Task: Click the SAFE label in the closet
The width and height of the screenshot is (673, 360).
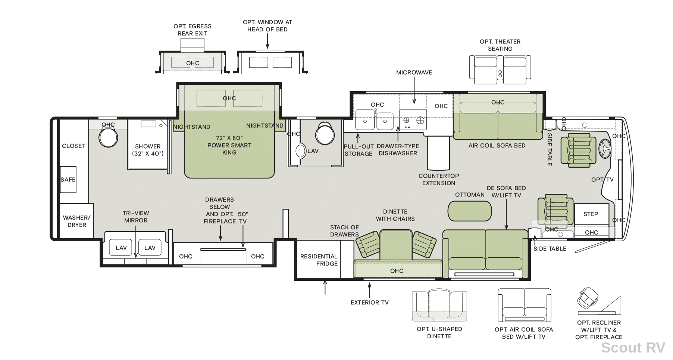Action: coord(68,180)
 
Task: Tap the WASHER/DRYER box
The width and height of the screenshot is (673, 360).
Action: coord(76,221)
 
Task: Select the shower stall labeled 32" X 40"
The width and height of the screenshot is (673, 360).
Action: coord(148,145)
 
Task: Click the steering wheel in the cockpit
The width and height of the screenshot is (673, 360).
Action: coord(604,149)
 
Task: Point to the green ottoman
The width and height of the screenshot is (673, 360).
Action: coord(470,211)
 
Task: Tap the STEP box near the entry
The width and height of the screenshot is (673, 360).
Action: coord(591,214)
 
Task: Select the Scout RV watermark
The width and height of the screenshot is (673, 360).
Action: coord(633,348)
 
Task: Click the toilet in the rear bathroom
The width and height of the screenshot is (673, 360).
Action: coord(108,137)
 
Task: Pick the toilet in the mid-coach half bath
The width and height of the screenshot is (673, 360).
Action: coord(325,133)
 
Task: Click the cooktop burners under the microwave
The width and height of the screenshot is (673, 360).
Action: coord(413,120)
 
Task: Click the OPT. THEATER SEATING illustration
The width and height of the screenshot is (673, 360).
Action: coord(500,70)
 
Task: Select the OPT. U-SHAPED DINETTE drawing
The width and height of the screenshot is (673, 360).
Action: coord(439,305)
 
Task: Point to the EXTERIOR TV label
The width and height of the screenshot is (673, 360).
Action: coord(369,302)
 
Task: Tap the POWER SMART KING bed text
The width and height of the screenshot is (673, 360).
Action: coord(229,145)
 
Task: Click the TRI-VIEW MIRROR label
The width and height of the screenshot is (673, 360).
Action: coord(136,217)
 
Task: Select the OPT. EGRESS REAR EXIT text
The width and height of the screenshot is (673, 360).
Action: coord(192,30)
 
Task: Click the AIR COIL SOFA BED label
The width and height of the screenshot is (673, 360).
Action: coord(497,146)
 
